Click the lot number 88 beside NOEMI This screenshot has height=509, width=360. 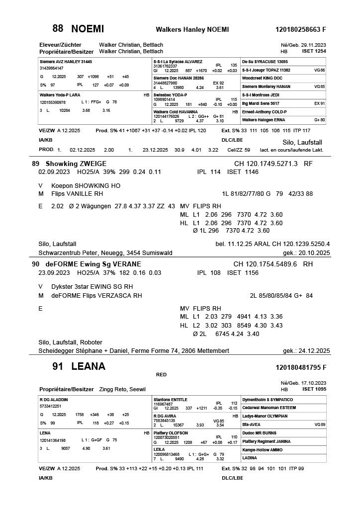(x=58, y=28)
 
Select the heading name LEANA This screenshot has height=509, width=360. (x=88, y=367)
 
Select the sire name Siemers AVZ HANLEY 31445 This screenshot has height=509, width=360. (x=66, y=62)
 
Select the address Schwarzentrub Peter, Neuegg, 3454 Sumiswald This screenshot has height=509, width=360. (x=105, y=253)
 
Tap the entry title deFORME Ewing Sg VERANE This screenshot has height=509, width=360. (x=93, y=264)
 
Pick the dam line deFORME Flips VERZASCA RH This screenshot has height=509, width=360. (x=96, y=296)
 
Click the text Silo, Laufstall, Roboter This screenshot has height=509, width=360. (x=70, y=342)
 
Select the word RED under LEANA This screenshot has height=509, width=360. (x=161, y=375)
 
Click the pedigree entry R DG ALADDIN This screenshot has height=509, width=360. (x=54, y=399)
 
